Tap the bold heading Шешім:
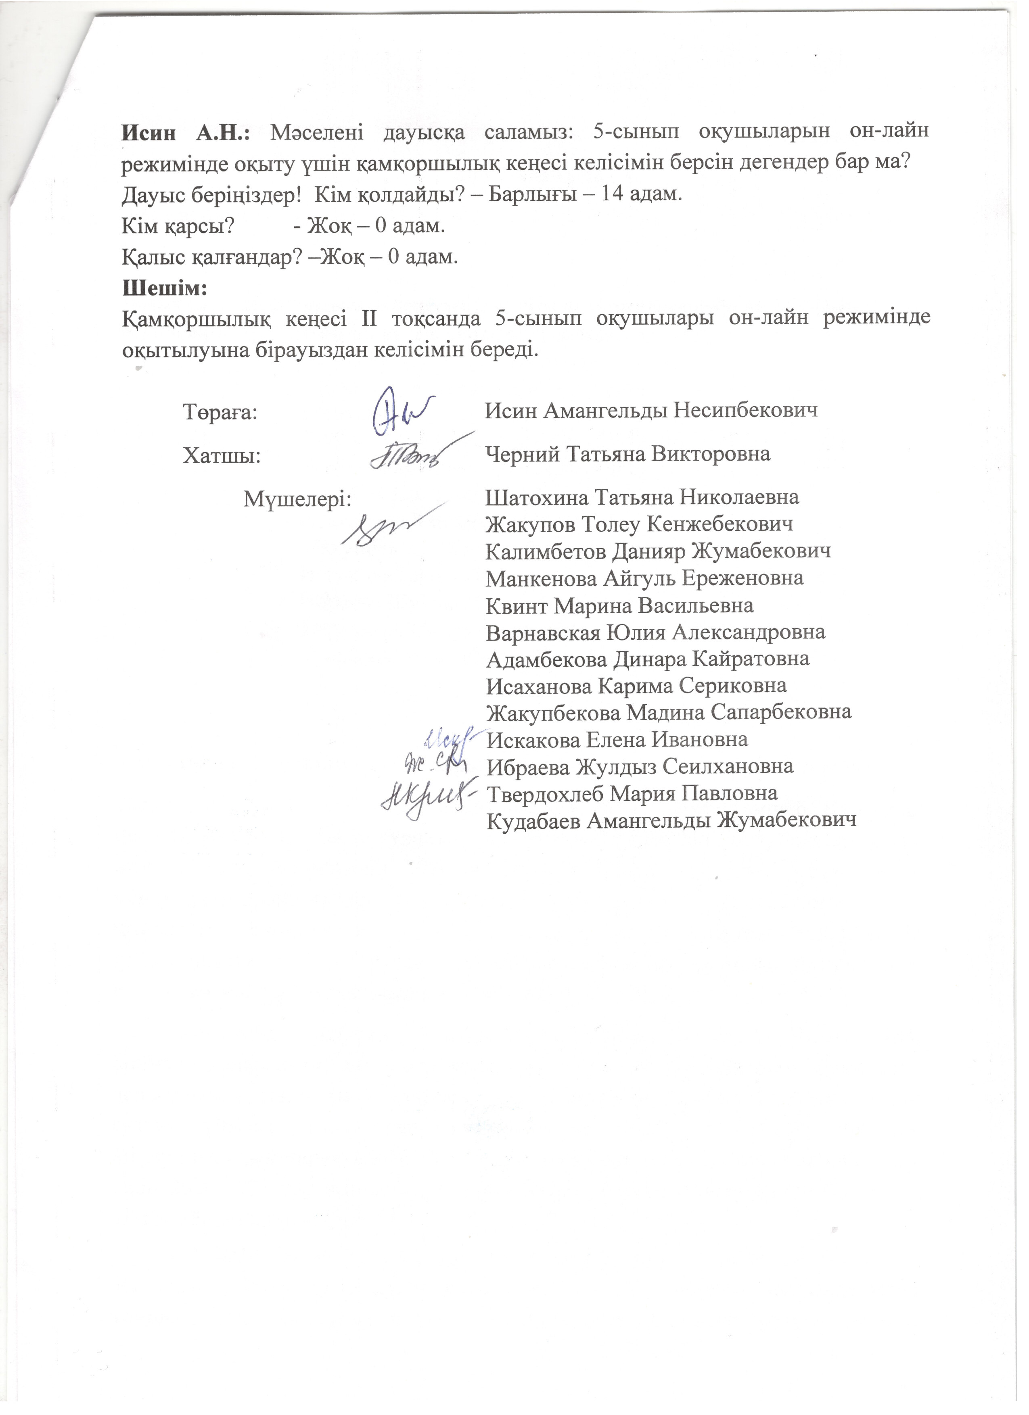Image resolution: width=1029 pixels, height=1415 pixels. point(163,289)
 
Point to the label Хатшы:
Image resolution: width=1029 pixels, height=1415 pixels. point(222,455)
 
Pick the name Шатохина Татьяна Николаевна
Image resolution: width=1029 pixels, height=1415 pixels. point(642,498)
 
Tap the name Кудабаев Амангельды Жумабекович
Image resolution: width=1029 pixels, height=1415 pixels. point(671,820)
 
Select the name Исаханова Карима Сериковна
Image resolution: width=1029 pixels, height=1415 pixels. point(636,686)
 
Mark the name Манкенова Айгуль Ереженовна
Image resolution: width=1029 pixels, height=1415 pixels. point(644,578)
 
